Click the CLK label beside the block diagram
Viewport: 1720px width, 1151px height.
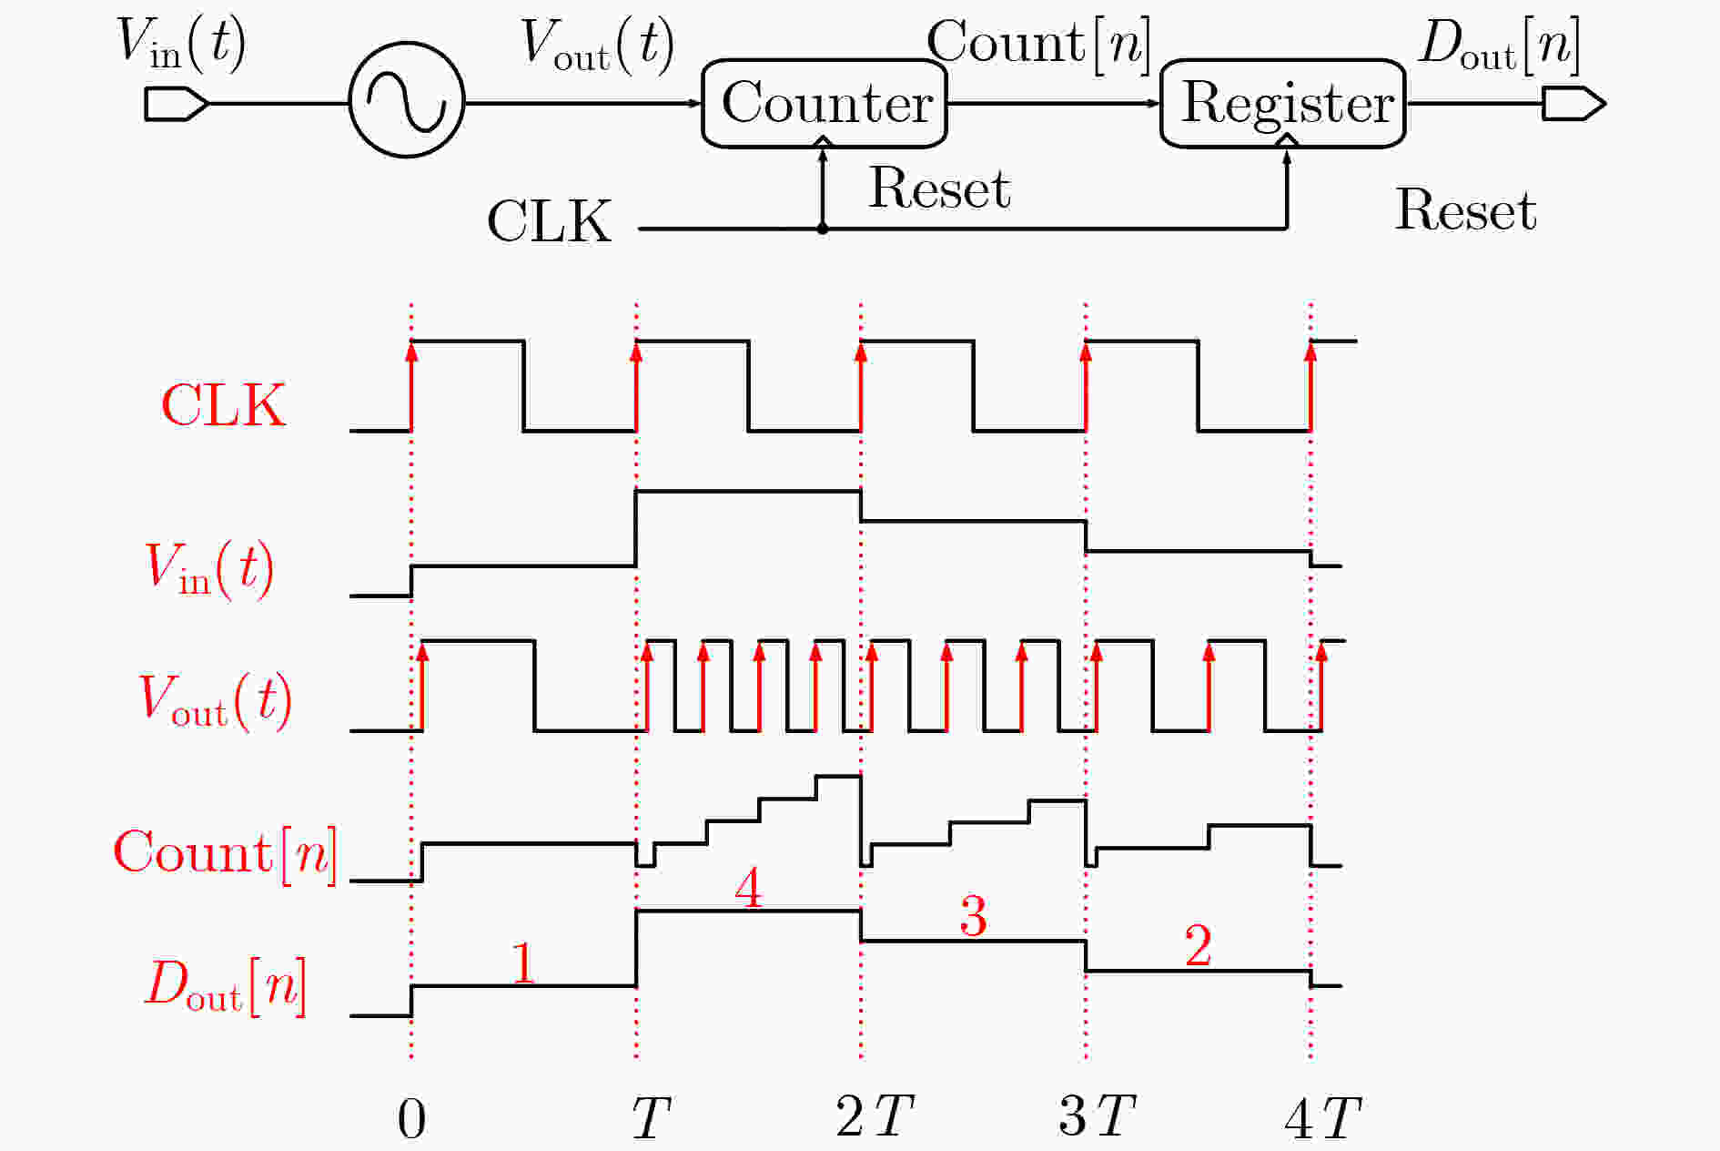pyautogui.click(x=550, y=221)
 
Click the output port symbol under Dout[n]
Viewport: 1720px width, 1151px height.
pyautogui.click(x=1573, y=104)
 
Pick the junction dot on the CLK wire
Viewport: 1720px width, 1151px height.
pyautogui.click(x=823, y=229)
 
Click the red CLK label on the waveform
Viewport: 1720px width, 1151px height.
pyautogui.click(x=224, y=405)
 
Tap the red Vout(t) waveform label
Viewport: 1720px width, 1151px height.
pyautogui.click(x=215, y=701)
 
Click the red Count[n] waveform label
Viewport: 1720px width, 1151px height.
pyautogui.click(x=225, y=854)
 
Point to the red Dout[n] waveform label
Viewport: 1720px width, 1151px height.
pyautogui.click(x=226, y=986)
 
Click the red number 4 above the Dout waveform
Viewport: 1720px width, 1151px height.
pyautogui.click(x=748, y=888)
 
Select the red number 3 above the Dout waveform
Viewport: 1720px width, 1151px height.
pyautogui.click(x=973, y=916)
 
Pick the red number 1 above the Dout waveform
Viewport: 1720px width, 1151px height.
pyautogui.click(x=522, y=963)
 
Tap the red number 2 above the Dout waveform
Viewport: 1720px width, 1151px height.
pyautogui.click(x=1198, y=946)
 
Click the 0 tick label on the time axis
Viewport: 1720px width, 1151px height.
pyautogui.click(x=411, y=1119)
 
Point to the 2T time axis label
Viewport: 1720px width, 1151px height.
pyautogui.click(x=875, y=1116)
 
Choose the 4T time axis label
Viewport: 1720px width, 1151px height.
pyautogui.click(x=1323, y=1118)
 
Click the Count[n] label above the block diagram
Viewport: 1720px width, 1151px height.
pyautogui.click(x=1039, y=43)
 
